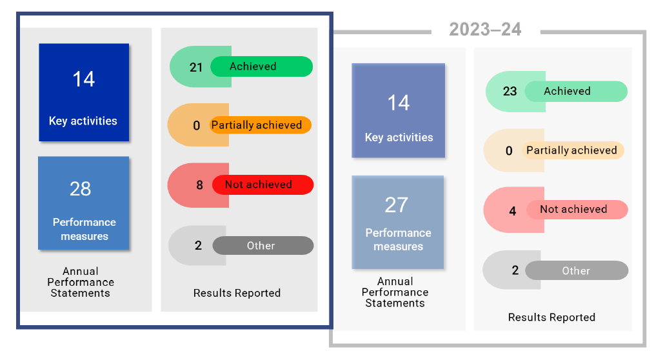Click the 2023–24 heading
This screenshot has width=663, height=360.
point(485,30)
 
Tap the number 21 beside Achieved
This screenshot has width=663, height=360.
point(196,67)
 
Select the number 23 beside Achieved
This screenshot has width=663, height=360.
point(510,92)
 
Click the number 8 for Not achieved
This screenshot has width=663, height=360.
point(199,185)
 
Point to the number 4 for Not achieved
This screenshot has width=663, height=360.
point(513,211)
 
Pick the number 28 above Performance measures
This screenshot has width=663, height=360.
point(81,189)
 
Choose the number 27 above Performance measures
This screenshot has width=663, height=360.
point(397,205)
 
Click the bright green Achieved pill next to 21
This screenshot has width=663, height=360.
point(261,66)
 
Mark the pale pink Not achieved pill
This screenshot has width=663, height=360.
point(577,210)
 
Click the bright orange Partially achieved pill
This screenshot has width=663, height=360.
point(261,125)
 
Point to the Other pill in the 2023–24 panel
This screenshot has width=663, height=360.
point(577,271)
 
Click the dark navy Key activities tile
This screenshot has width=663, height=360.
point(84,92)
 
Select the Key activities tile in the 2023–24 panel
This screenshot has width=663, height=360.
point(399,110)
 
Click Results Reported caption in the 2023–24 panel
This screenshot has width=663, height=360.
point(551,317)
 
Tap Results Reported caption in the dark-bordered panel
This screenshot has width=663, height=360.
point(237,293)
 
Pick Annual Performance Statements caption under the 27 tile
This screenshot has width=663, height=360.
point(395,292)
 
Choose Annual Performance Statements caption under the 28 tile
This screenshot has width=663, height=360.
point(81,282)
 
